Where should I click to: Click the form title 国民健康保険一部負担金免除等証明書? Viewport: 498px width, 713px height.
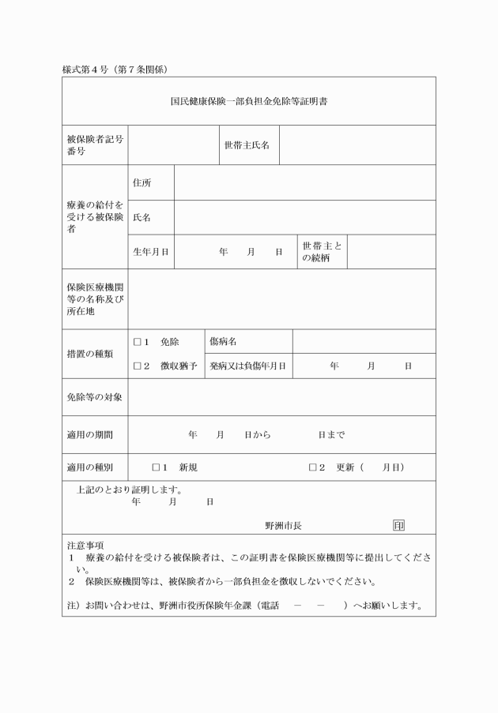248,102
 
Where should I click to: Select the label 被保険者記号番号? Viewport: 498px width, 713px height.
95,144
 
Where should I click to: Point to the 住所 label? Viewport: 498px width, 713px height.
142,183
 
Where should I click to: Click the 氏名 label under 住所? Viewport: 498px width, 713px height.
142,217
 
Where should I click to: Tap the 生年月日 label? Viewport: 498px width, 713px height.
150,252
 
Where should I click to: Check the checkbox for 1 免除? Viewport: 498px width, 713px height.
137,342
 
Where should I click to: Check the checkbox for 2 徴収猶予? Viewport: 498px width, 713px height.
137,366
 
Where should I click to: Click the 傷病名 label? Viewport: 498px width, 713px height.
224,342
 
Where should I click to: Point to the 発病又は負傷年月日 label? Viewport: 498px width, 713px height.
247,366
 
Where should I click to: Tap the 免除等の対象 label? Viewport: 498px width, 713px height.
94,396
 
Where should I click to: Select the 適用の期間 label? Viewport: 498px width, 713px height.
89,434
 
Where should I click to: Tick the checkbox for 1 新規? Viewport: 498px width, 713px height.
157,467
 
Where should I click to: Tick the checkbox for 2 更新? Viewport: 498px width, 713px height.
313,467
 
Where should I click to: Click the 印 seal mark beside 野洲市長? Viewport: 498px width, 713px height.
398,526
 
